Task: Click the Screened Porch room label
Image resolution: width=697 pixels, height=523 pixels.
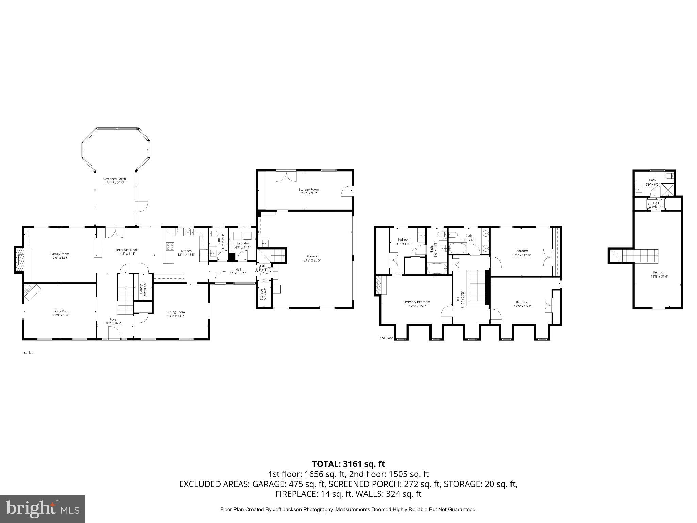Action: click(x=115, y=179)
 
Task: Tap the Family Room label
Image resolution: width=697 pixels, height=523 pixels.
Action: click(x=60, y=254)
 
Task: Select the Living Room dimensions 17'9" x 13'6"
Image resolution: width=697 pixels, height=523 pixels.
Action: click(x=61, y=315)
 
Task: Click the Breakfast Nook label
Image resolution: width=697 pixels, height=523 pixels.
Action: click(x=127, y=250)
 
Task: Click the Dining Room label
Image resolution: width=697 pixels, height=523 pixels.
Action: click(x=176, y=312)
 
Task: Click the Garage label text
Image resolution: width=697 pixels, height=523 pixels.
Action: click(x=312, y=256)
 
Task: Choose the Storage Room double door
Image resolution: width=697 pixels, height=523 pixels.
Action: click(x=286, y=176)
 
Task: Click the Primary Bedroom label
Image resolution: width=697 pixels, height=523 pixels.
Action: click(x=417, y=302)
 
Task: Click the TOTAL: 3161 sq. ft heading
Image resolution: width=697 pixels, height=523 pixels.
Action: click(x=348, y=464)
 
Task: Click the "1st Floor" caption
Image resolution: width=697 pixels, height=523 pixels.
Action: click(x=29, y=353)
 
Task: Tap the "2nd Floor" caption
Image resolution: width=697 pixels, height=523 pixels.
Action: click(x=386, y=338)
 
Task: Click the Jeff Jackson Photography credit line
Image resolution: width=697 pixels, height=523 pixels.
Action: click(x=348, y=510)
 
